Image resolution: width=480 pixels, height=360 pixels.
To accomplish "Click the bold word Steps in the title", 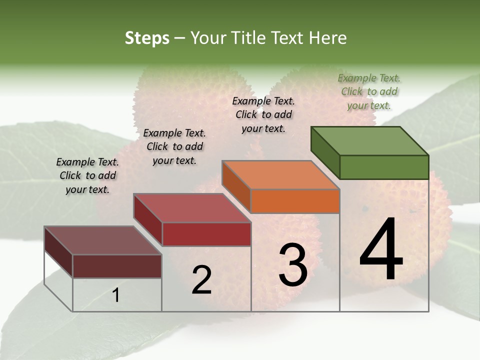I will (x=147, y=38).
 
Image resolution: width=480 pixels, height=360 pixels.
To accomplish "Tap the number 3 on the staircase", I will (x=293, y=265).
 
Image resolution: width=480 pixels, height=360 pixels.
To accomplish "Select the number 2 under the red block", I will (x=201, y=280).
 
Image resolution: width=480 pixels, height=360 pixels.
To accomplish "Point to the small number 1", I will (x=115, y=295).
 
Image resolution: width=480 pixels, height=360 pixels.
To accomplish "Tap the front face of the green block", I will (x=384, y=167).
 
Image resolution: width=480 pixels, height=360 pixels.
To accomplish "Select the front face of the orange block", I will (x=295, y=201).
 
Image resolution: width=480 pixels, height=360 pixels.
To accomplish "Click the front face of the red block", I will (x=206, y=234).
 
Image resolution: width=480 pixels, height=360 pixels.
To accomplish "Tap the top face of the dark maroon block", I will (x=103, y=240).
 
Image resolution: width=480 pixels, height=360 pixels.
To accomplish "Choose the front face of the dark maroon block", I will (x=117, y=266).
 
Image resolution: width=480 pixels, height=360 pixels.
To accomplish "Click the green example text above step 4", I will (x=369, y=91).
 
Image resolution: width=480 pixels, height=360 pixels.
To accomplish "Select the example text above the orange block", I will (x=263, y=114).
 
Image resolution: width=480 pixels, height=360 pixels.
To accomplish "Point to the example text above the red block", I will (x=174, y=146).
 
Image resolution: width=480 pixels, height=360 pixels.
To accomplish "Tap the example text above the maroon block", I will (x=87, y=175).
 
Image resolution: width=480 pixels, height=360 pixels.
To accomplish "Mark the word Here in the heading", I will (x=329, y=38).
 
